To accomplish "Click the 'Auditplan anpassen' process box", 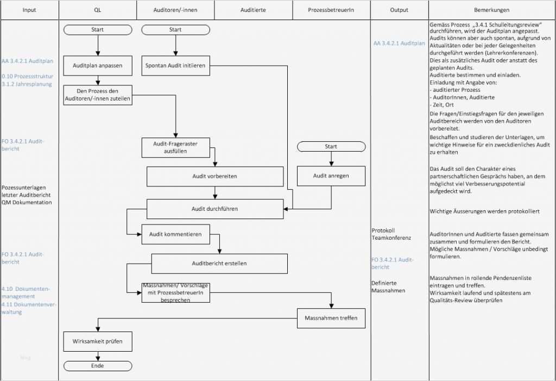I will (x=98, y=65).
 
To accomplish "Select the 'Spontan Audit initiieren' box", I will (x=175, y=65).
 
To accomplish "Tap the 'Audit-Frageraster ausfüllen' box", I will (x=175, y=147).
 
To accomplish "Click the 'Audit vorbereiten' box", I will (x=215, y=177).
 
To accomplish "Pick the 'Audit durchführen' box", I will (x=215, y=209).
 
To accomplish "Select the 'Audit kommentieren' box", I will (x=175, y=234).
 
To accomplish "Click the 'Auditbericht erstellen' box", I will (x=219, y=264).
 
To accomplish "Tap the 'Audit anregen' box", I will (x=331, y=176).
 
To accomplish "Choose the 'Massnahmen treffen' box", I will (x=331, y=318).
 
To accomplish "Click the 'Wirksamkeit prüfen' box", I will (x=98, y=342).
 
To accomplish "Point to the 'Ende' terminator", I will (x=98, y=366).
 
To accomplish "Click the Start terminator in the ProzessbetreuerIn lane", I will (x=331, y=146).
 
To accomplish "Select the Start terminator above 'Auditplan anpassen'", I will (x=98, y=29).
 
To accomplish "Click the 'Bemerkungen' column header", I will (x=491, y=10).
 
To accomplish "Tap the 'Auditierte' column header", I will (x=253, y=10).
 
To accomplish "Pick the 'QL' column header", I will (x=97, y=10).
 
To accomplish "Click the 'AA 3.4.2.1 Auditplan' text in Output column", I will (x=399, y=43).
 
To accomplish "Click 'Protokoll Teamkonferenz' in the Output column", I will (x=391, y=234).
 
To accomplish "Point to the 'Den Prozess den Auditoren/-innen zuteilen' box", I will (x=98, y=95).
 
